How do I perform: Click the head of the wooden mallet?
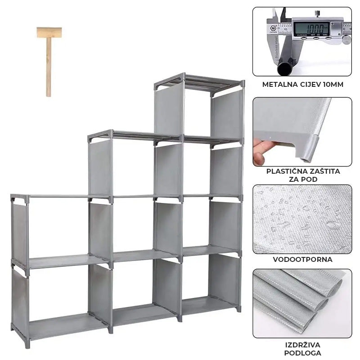49,32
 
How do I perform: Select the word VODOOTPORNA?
302,259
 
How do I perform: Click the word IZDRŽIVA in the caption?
302,345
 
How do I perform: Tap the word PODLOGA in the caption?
302,353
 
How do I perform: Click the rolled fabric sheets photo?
302,303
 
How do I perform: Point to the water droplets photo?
302,219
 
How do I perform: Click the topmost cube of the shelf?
198,110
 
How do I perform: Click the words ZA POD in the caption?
302,180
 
